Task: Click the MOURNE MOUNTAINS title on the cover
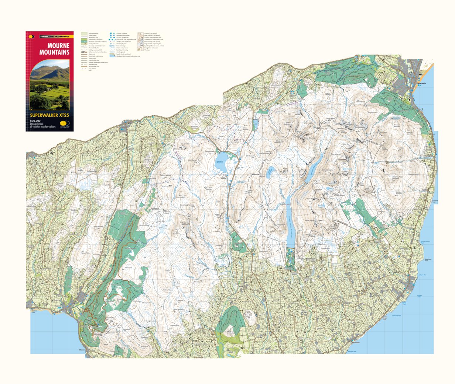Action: point(54,49)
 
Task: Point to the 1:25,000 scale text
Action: point(35,121)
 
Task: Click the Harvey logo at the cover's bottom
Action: point(65,125)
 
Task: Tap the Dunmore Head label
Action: point(435,201)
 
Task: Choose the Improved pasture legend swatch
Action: point(84,33)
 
